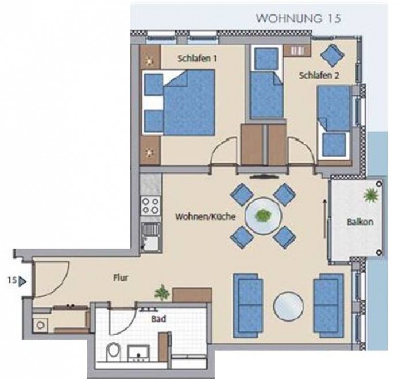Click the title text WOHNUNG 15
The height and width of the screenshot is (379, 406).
298,18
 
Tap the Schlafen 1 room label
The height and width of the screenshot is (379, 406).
198,59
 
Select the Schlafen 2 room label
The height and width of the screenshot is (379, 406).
319,76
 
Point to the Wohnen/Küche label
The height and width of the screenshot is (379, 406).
206,216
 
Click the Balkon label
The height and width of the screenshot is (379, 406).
360,222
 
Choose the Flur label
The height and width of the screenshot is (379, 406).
121,278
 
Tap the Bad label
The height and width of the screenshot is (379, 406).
158,319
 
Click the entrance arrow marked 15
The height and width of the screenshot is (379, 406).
23,281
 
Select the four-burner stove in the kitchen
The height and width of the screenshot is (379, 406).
150,206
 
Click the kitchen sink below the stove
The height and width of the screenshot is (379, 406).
150,237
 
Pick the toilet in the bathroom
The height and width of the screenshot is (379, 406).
113,352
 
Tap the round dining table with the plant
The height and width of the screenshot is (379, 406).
264,216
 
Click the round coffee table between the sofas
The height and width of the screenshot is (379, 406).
288,306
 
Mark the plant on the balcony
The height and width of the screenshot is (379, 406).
371,195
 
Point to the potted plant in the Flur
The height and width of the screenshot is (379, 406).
162,293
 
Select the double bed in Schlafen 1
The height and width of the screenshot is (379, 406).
179,102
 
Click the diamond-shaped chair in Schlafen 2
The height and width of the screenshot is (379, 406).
332,55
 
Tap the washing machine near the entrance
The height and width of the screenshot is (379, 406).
40,325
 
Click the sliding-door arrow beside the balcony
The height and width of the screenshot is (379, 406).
324,218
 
